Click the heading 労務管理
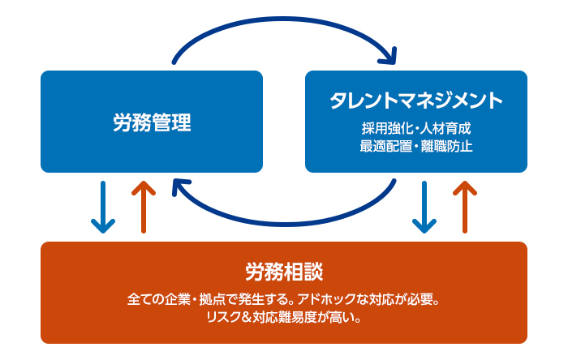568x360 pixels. point(152,123)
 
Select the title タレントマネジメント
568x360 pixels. point(416,101)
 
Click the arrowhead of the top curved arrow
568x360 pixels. point(390,56)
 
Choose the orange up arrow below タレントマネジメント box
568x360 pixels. point(465,207)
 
